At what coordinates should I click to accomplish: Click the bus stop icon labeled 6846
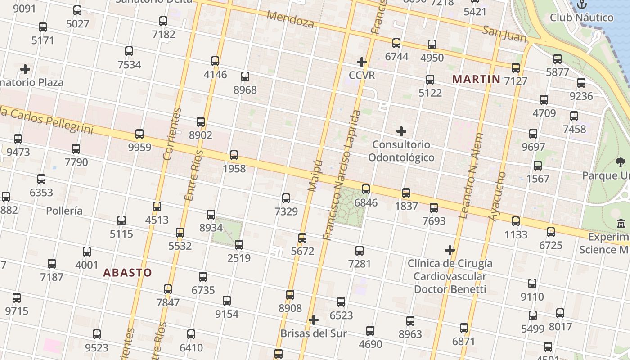click(366, 189)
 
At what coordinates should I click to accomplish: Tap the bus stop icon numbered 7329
click(286, 198)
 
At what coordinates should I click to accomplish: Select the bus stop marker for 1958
click(234, 155)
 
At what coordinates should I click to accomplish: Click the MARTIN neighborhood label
click(476, 80)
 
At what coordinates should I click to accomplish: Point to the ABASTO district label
click(127, 273)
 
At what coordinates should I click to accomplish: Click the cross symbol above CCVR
click(362, 62)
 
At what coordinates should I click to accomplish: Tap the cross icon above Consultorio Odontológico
click(401, 131)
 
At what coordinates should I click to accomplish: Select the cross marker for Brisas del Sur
click(314, 320)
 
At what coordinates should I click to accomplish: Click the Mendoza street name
click(290, 19)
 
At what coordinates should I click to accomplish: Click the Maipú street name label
click(315, 175)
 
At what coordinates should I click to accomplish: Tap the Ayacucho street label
click(497, 196)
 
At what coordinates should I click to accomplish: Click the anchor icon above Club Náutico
click(582, 4)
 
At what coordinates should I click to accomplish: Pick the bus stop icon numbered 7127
click(516, 68)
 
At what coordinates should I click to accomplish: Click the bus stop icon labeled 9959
click(139, 134)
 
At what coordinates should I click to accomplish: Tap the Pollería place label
click(64, 211)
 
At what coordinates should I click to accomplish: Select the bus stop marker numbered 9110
click(532, 283)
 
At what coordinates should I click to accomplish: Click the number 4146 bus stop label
click(215, 74)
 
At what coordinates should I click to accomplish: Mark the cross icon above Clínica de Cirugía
click(450, 250)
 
